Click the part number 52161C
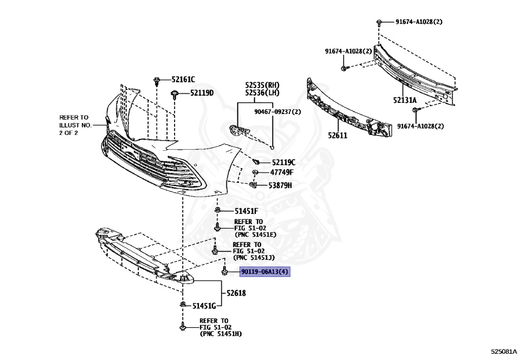[183, 79]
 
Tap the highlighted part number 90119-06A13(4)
[265, 272]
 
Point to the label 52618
[235, 293]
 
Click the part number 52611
[337, 136]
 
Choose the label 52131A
[404, 101]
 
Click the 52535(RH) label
[262, 85]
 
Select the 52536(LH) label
[262, 93]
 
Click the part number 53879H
[280, 185]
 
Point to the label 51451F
[246, 211]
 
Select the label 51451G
[204, 306]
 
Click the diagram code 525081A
[503, 351]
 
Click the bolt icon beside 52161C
[156, 80]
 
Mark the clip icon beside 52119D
[175, 93]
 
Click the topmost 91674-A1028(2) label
[419, 22]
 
